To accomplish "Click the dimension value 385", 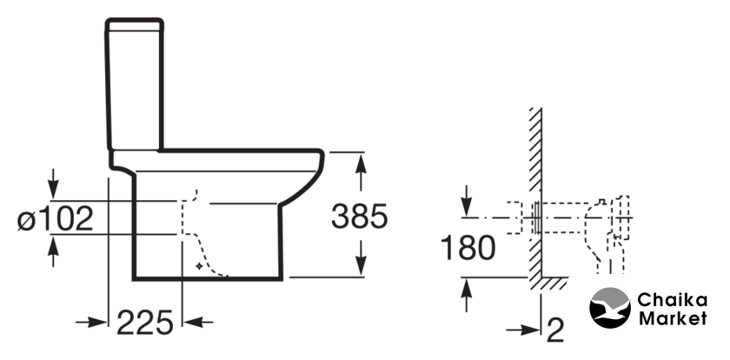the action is pyautogui.click(x=359, y=217).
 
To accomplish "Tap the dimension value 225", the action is pyautogui.click(x=145, y=323).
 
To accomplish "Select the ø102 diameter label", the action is pyautogui.click(x=56, y=219).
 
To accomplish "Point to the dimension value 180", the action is pyautogui.click(x=468, y=247).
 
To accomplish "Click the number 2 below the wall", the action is pyautogui.click(x=555, y=330).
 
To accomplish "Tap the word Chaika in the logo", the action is pyautogui.click(x=672, y=300).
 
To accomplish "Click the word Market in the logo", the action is pyautogui.click(x=673, y=318).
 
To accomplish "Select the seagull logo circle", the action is pyautogui.click(x=610, y=308).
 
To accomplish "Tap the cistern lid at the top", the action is pyautogui.click(x=135, y=24).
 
